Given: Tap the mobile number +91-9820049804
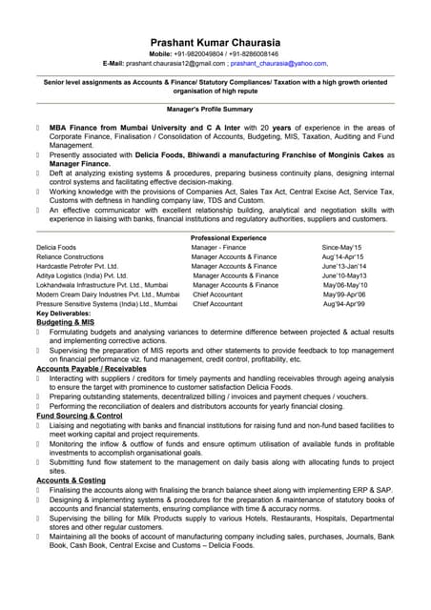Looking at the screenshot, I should pos(188,54).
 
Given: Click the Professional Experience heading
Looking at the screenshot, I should pos(228,237).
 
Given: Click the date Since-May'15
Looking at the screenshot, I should pos(341,248).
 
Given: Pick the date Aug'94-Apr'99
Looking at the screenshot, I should pos(345,303).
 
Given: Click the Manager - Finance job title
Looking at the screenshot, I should pos(218,248).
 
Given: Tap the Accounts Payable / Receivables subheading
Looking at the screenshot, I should pos(92,368).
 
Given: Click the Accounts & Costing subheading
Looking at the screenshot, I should pos(71,479).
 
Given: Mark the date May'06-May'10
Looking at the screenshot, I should pos(345,285).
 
